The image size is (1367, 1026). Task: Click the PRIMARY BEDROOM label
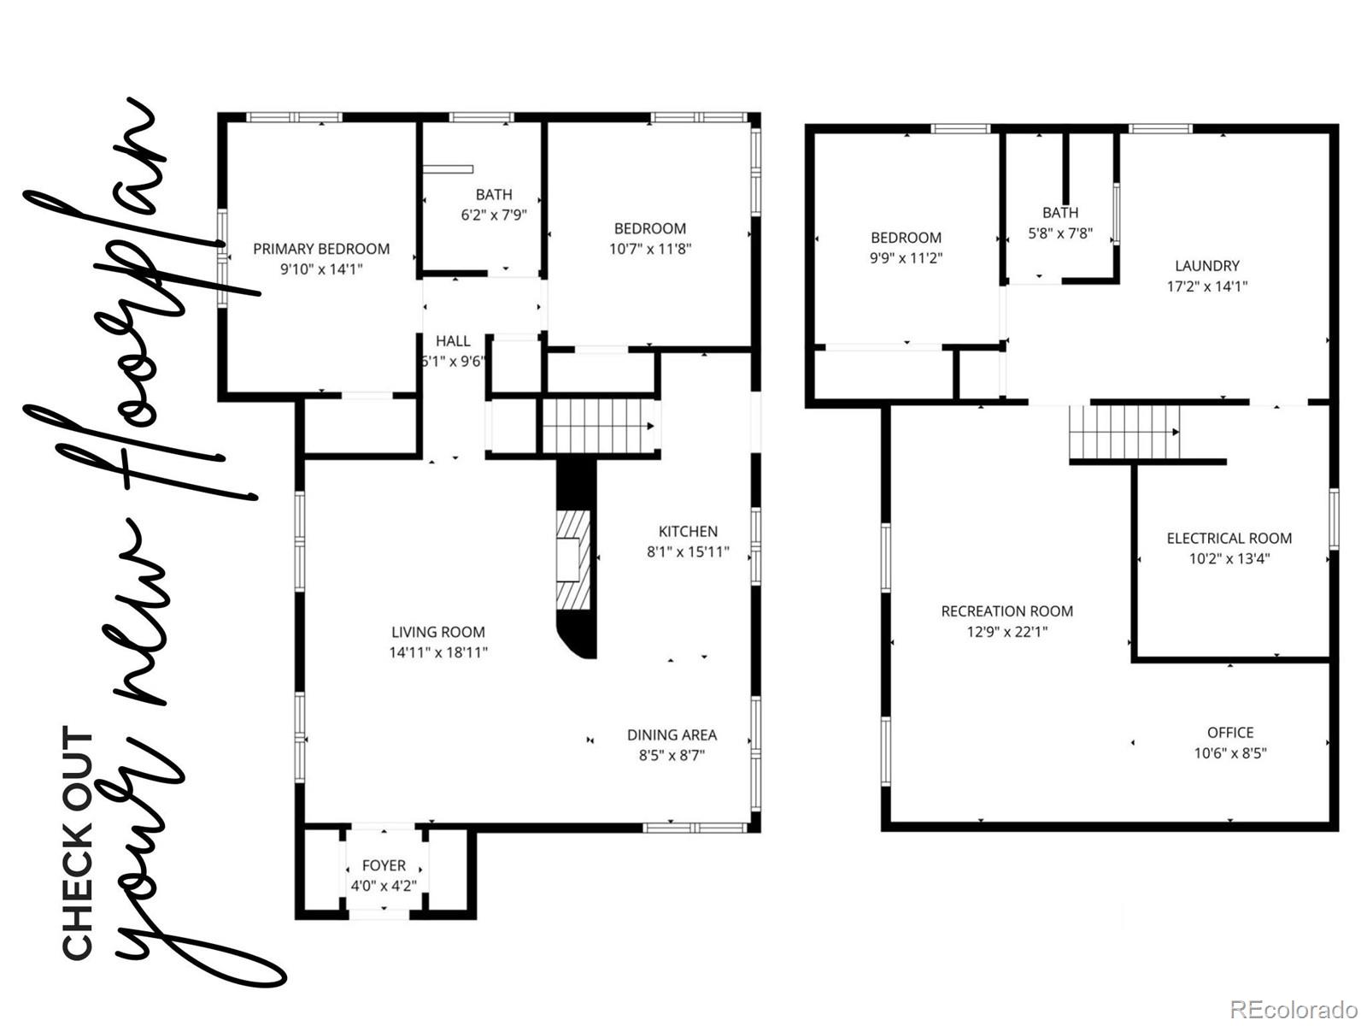tap(321, 249)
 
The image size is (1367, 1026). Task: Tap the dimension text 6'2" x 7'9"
tap(494, 215)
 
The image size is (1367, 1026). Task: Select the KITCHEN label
tap(688, 531)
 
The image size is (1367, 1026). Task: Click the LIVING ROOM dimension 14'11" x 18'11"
tap(438, 652)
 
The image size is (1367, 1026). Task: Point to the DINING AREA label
tap(672, 734)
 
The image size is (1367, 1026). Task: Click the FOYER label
tap(384, 865)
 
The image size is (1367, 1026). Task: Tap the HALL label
tap(453, 341)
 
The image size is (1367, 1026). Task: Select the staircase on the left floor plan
tap(598, 426)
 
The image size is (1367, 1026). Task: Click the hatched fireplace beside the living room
tap(572, 560)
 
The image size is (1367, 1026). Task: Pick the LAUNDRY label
tap(1206, 266)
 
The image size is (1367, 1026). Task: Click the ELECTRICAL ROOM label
tap(1229, 538)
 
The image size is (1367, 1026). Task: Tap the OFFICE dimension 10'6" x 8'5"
tap(1230, 753)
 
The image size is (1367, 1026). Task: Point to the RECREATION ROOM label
tap(1006, 611)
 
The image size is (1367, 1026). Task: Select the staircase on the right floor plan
tap(1124, 433)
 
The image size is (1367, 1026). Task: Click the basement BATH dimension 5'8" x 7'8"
tap(1060, 233)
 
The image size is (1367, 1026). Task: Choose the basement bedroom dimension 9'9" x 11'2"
tap(906, 258)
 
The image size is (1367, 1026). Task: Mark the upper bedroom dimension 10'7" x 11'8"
tap(650, 249)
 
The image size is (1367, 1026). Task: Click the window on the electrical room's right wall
tap(1334, 518)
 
